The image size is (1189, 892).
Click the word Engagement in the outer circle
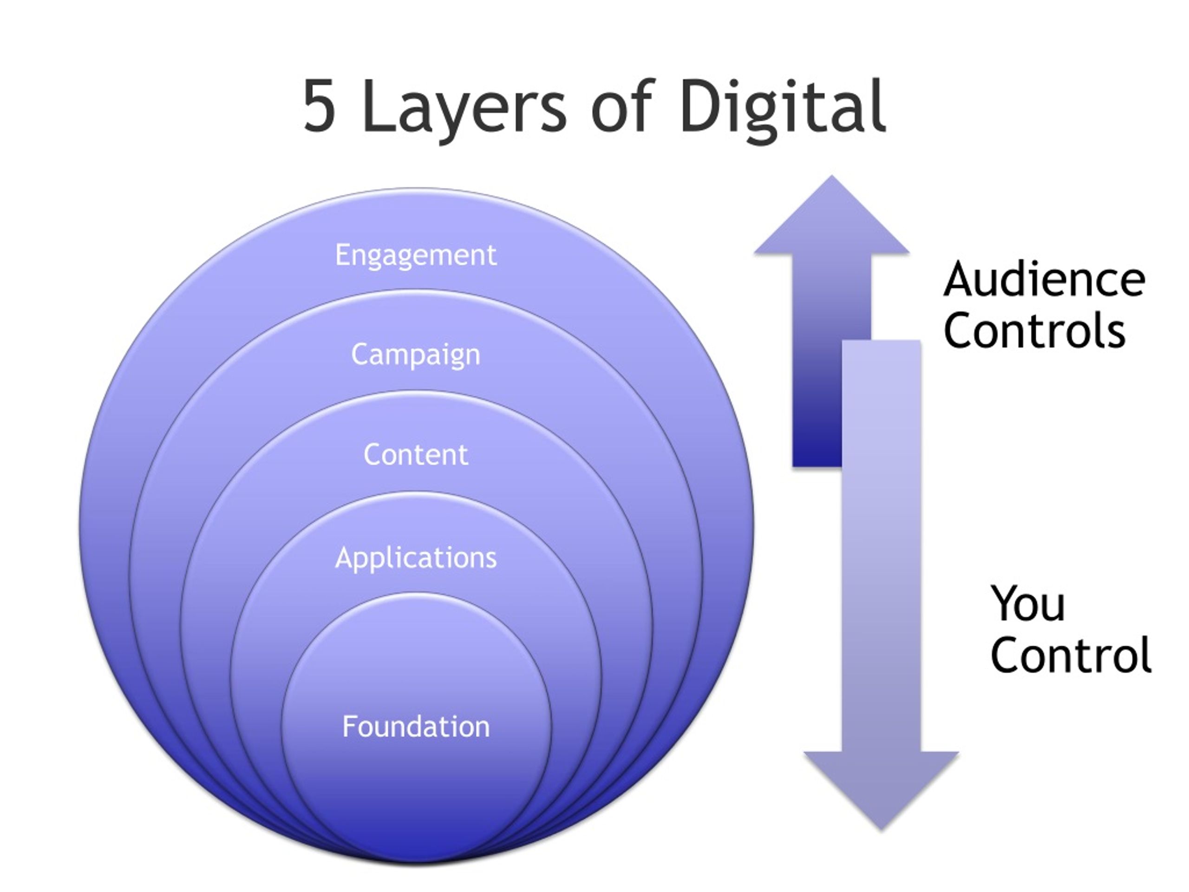pos(416,256)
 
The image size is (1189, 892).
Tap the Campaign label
pos(416,355)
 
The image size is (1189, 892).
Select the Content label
pos(416,455)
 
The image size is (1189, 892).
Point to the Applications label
pos(416,557)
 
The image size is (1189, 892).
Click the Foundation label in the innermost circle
pos(416,727)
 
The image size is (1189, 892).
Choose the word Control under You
pos(1070,654)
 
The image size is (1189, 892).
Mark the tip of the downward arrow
pos(881,830)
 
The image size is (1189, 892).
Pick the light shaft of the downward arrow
pos(882,546)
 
